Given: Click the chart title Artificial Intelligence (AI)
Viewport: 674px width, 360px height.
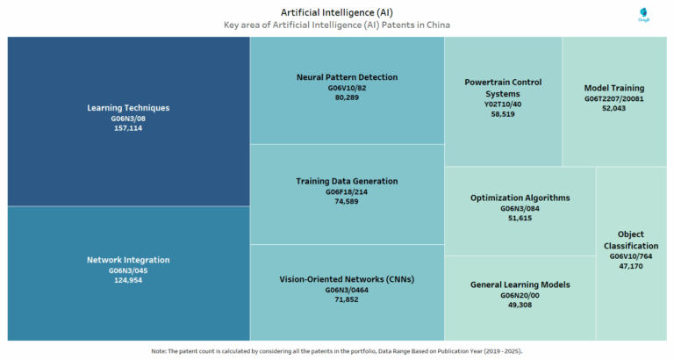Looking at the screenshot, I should point(337,12).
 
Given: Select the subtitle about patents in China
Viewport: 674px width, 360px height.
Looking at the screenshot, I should point(337,25).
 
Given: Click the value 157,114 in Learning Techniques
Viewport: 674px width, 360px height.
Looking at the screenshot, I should point(128,128).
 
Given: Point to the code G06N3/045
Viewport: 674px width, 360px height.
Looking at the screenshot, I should point(128,270).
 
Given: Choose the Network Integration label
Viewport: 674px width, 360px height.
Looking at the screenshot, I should point(128,260).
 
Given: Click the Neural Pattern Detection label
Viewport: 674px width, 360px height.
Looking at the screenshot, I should point(347,77).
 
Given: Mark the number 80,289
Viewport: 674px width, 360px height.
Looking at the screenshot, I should point(347,97).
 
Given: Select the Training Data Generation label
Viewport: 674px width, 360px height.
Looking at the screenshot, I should point(347,181).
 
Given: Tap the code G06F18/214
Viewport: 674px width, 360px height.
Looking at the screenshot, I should point(347,191).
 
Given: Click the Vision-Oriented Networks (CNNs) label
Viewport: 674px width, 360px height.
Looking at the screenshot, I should point(347,279).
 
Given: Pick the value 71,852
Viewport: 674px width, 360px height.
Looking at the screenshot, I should point(347,299).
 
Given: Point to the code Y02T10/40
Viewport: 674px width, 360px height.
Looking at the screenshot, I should point(503,104).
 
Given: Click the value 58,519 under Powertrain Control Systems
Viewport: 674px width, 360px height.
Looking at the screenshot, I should point(503,114).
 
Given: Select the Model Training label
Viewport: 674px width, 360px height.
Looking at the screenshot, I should point(614,88).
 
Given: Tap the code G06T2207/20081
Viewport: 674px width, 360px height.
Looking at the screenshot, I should point(614,98).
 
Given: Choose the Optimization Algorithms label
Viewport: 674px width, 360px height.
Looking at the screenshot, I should point(520,198).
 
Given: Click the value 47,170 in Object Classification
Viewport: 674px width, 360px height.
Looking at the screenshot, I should point(631,265).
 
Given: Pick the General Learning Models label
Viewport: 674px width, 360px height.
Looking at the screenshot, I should point(520,284).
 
